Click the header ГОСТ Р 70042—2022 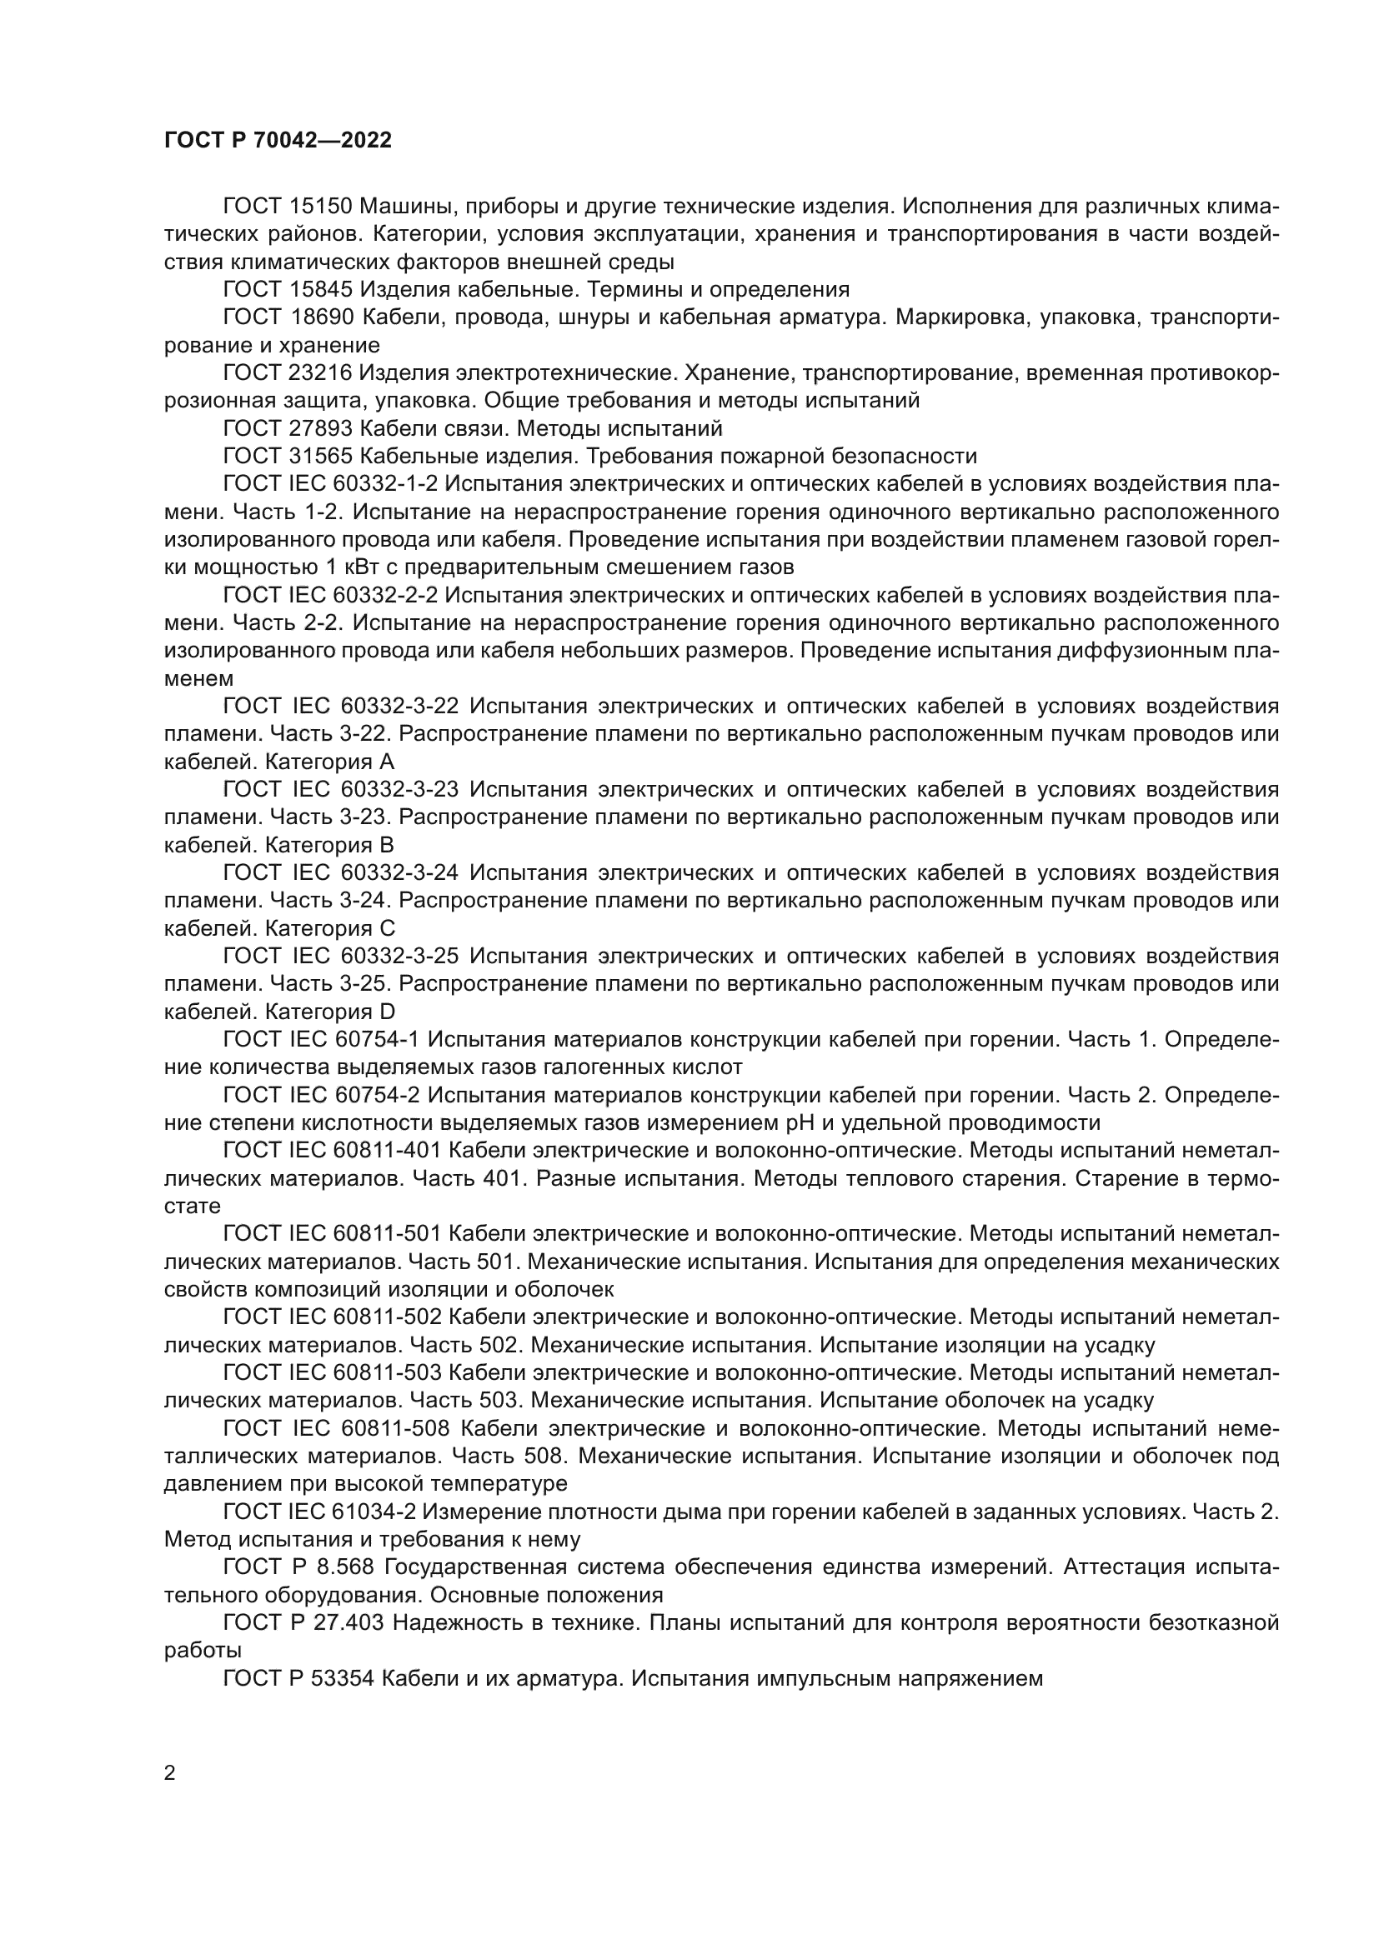[278, 141]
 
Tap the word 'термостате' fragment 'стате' [192, 1207]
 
